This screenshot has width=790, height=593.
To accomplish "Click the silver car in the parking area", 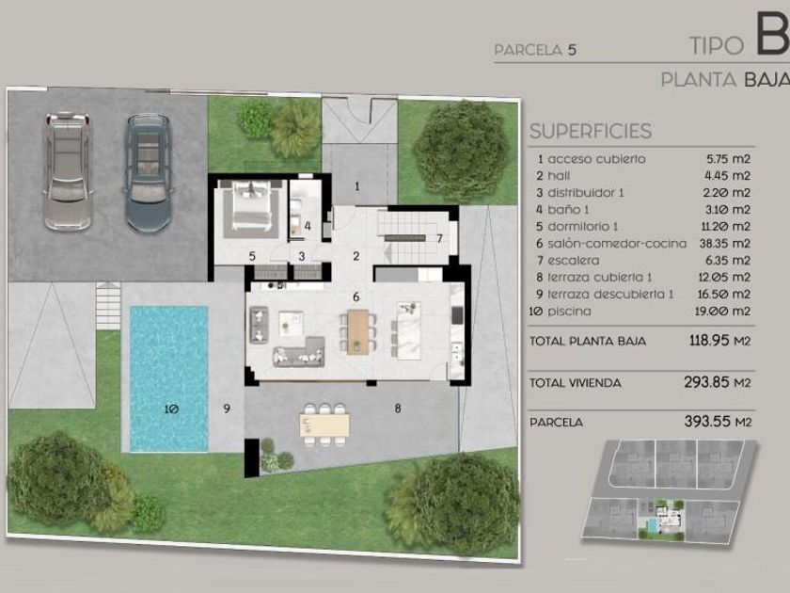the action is [x=68, y=170].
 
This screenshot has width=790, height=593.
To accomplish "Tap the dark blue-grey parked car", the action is [x=149, y=173].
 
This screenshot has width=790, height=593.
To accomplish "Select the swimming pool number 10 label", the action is [x=171, y=409].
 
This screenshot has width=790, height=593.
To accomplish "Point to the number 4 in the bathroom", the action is [x=308, y=227].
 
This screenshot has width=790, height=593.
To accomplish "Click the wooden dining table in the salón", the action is [x=357, y=330].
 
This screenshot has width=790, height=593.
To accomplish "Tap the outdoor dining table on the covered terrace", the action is [x=324, y=425].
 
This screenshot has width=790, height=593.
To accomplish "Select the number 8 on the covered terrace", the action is [x=398, y=409].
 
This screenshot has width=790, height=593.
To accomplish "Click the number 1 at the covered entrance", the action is [x=357, y=186].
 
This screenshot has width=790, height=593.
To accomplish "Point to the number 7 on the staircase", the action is [x=440, y=238].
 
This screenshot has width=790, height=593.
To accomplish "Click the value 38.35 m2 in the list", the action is [x=725, y=244].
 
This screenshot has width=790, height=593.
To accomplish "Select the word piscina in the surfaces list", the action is [x=569, y=312].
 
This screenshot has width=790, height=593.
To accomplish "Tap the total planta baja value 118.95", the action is [x=709, y=341].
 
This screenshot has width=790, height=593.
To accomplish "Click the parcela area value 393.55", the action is [x=704, y=421].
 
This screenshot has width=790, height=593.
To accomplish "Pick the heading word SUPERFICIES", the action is [x=591, y=131].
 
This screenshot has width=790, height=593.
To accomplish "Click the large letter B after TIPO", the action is [x=773, y=37].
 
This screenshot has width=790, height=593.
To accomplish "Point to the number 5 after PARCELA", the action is [x=572, y=50].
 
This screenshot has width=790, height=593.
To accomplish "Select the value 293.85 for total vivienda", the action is [x=706, y=382].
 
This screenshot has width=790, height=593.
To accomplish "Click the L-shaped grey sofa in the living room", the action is [x=299, y=351].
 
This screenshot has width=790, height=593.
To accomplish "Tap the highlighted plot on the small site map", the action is [x=661, y=519].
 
